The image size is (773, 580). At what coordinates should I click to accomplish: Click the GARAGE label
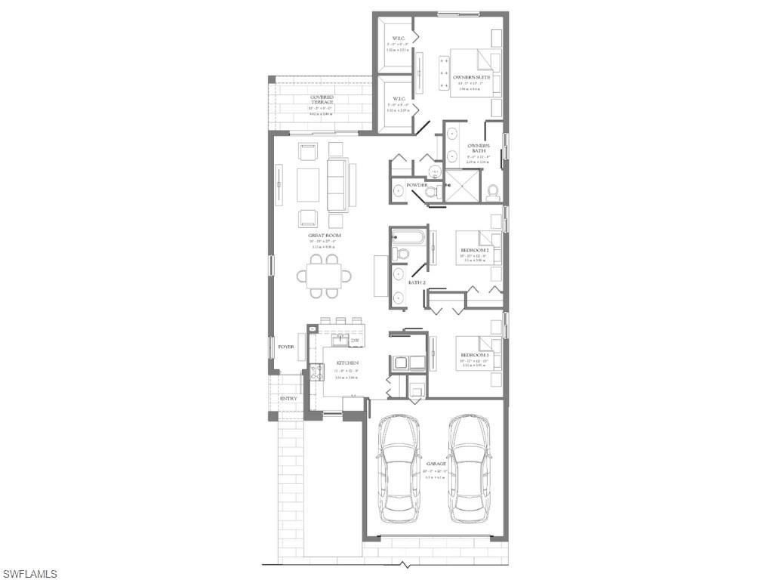[436, 464]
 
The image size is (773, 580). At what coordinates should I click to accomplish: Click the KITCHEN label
[346, 363]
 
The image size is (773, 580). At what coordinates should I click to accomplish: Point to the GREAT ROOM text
[325, 236]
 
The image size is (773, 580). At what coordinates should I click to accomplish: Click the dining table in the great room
[328, 275]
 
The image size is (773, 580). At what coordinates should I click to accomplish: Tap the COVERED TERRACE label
[322, 97]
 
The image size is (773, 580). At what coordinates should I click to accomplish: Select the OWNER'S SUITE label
[471, 78]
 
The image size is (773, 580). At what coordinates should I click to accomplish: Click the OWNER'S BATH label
[479, 148]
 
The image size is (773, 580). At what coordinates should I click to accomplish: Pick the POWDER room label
[417, 185]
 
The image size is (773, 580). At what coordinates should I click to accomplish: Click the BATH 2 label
[417, 282]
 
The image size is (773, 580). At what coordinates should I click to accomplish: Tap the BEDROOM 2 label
[475, 250]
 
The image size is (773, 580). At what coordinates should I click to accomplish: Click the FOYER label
[285, 347]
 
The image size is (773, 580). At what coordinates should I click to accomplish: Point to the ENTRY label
[288, 399]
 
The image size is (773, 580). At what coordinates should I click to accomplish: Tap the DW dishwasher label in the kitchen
[354, 341]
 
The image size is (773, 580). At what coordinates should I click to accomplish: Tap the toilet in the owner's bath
[494, 192]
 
